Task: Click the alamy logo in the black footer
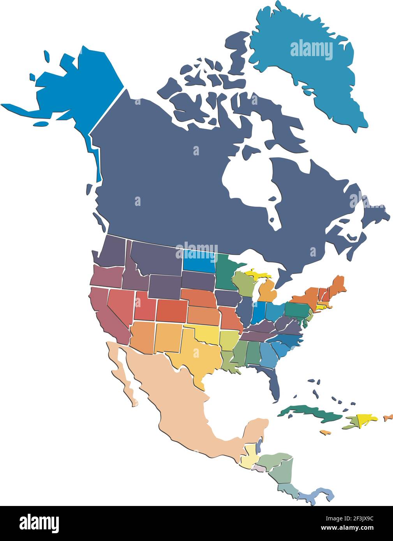[39, 522]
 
